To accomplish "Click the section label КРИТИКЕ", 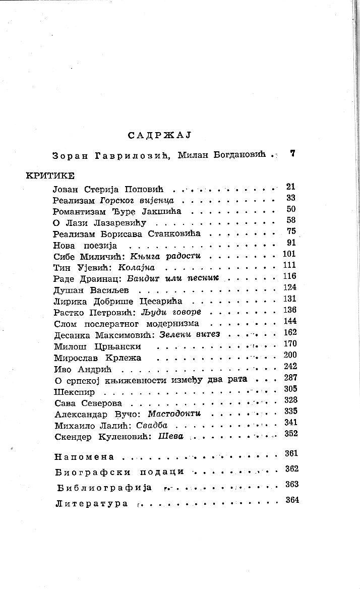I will point(50,175).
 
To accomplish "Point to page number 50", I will point(291,209).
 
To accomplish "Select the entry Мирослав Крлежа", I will point(97,358).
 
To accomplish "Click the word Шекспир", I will point(73,392).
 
